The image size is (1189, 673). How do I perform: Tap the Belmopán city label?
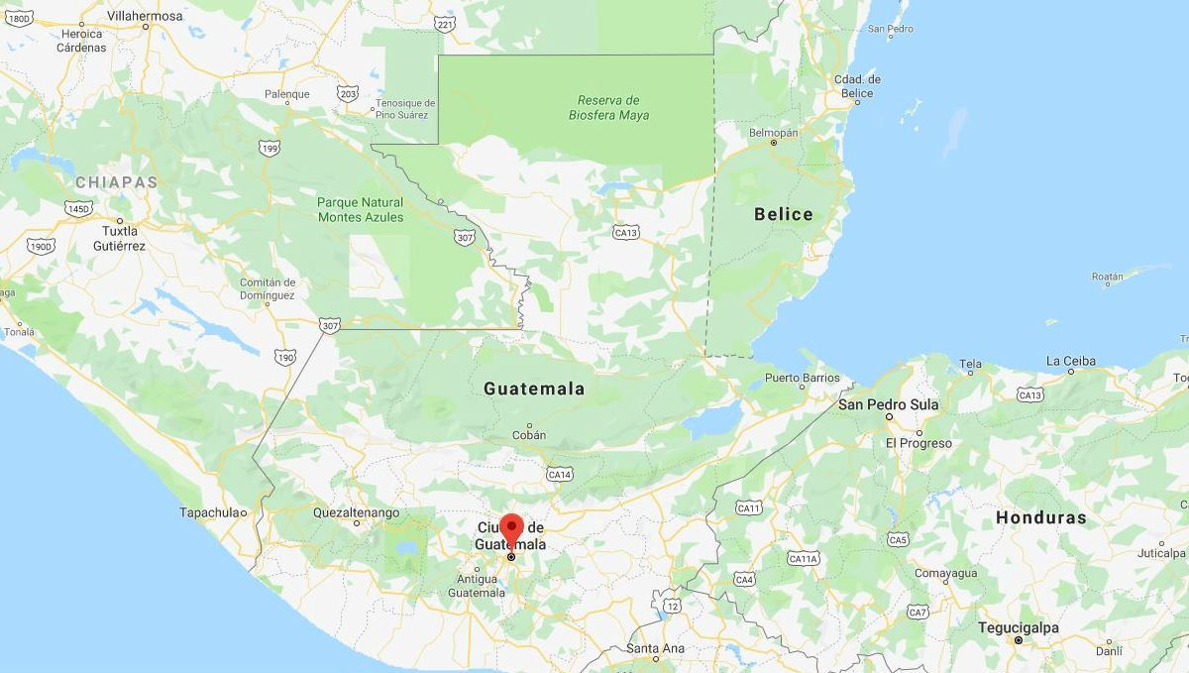coord(773,132)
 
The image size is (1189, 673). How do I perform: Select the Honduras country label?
coord(1040,517)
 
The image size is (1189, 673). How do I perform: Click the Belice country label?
coord(783,214)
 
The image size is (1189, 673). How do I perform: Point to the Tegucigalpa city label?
coord(1018,627)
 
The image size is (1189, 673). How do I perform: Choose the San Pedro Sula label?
coord(888,404)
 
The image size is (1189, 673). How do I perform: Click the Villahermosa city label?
coord(145,16)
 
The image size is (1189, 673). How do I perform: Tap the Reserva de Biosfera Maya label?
coord(609,108)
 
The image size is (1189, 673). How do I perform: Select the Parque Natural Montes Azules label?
coord(361,209)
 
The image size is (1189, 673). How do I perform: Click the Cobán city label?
coord(529,435)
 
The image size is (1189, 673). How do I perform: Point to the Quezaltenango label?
coord(356,512)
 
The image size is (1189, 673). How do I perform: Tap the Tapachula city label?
coord(211,512)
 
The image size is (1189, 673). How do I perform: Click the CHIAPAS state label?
coord(117,182)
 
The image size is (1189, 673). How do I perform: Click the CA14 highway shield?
coord(560,475)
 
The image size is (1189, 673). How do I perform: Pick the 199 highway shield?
coord(269,149)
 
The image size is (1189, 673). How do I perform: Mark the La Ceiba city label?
coord(1071,361)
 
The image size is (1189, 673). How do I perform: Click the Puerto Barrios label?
coord(802,377)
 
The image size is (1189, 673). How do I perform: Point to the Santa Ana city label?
coord(655,648)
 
